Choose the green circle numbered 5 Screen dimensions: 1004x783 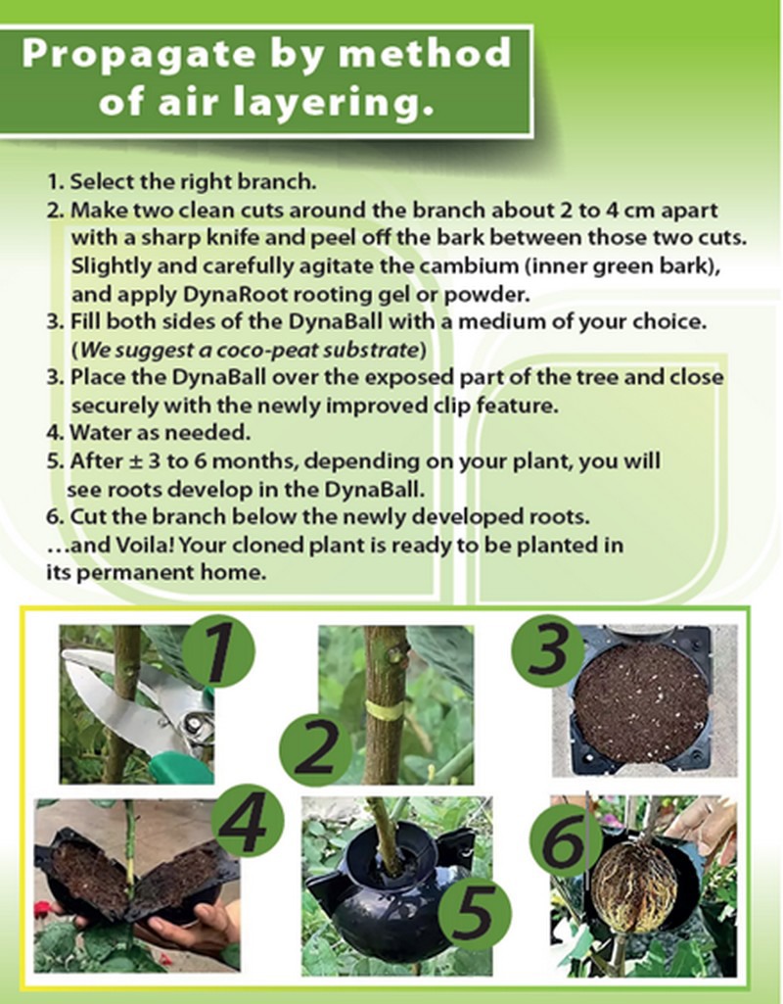474,915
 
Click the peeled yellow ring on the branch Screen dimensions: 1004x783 385,710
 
